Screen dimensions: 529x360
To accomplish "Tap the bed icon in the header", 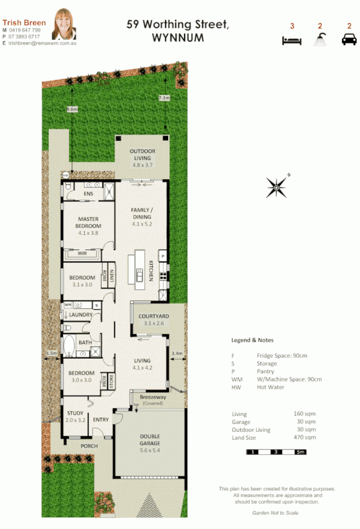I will click(x=291, y=40).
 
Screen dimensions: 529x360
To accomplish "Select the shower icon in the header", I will click(x=320, y=40).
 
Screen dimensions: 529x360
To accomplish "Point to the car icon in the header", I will click(x=349, y=40).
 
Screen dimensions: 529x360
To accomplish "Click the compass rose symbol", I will click(x=277, y=186).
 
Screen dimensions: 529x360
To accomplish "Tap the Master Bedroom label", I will click(x=88, y=223).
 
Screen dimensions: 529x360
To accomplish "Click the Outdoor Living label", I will click(x=142, y=154).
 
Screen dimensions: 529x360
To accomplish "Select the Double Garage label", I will click(x=150, y=440).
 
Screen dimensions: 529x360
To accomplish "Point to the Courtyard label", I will click(x=153, y=316).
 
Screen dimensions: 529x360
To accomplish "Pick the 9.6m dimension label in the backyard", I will click(x=72, y=109).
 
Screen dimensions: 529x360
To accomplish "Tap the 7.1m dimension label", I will click(x=164, y=98).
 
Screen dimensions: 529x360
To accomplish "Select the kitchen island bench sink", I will click(x=140, y=275).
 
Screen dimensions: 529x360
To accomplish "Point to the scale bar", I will click(x=276, y=452).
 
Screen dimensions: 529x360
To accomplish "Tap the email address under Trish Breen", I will click(x=42, y=43).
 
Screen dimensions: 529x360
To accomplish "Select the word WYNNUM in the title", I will click(x=177, y=38).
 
